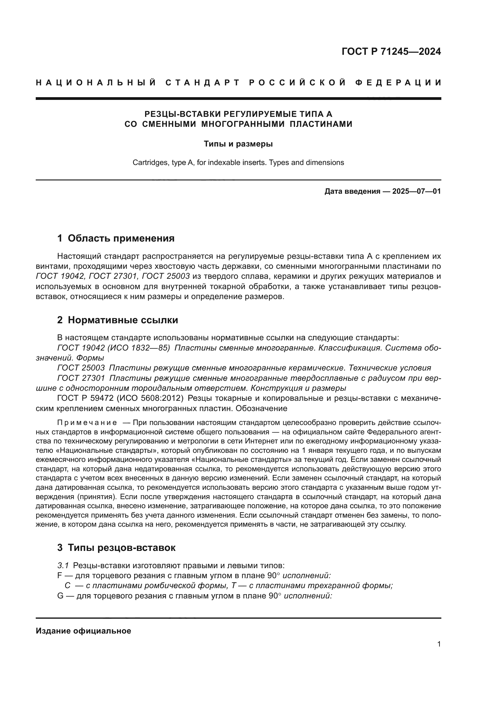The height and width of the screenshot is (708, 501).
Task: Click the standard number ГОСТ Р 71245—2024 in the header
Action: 391,51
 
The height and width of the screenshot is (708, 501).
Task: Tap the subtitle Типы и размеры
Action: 238,144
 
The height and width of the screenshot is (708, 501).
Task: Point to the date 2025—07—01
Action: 416,192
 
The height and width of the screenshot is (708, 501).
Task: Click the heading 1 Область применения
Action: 116,238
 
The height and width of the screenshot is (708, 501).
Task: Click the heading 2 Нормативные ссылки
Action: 118,320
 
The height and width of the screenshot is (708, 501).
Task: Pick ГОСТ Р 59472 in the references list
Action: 85,398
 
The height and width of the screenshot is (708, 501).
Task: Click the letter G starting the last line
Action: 60,596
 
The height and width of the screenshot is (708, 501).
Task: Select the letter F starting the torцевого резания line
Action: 60,575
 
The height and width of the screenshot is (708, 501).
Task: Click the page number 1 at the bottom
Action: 439,650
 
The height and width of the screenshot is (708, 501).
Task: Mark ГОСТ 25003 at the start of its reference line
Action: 81,368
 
